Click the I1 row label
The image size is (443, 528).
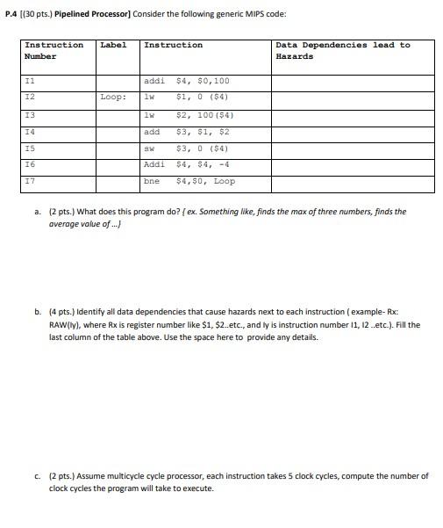29,80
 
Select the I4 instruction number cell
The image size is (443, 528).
29,131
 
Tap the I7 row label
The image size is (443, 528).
29,181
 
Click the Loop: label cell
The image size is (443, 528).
112,98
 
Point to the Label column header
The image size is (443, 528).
113,45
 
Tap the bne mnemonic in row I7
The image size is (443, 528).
151,181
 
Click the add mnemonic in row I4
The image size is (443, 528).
151,131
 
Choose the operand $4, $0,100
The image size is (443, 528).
203,80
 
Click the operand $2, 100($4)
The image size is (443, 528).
204,114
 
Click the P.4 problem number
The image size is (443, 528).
11,15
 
